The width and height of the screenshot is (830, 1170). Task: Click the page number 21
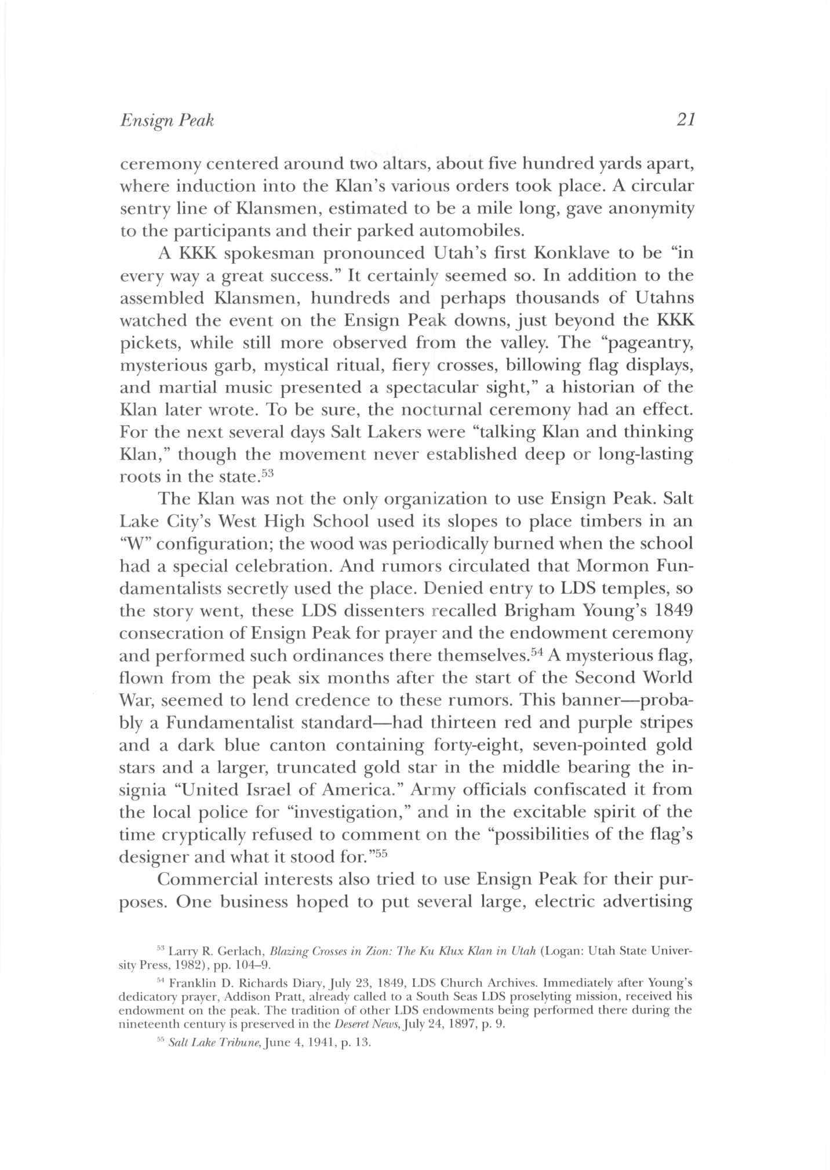[x=685, y=120]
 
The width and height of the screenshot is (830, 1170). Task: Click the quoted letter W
[x=136, y=544]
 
